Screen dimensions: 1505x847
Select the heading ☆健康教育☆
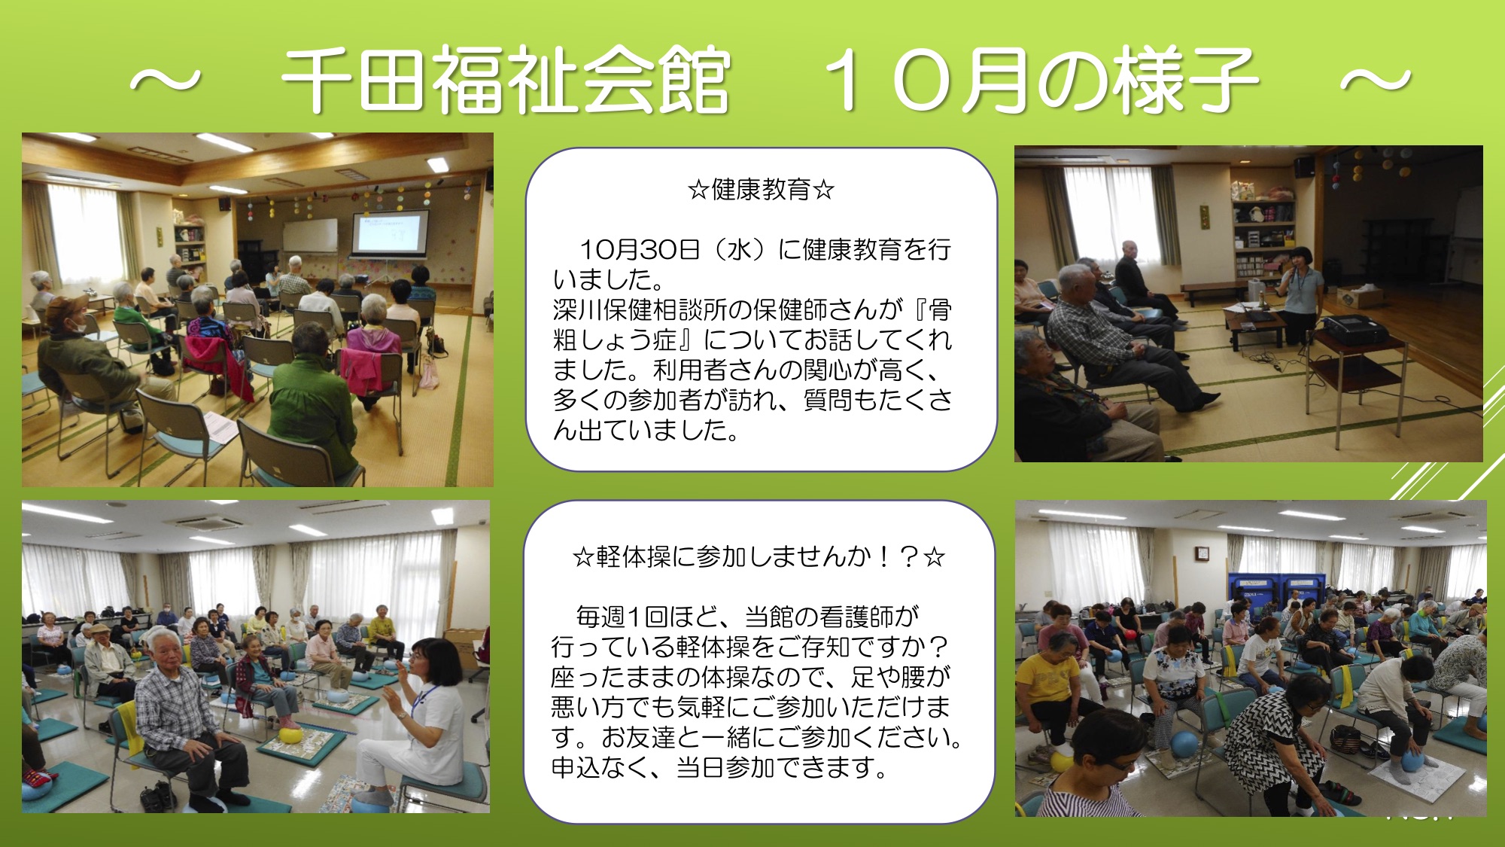coord(762,189)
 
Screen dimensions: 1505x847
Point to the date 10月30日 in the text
coord(640,249)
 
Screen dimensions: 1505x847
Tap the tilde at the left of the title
coord(166,80)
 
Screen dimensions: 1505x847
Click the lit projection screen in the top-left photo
coord(391,232)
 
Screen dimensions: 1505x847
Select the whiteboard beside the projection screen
coord(310,236)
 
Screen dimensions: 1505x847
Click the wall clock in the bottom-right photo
coord(1202,553)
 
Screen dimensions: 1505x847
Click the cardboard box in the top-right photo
coord(1360,296)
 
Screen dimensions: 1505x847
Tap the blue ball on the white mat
coord(1412,760)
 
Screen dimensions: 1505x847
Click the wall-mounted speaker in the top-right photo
coord(1304,166)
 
